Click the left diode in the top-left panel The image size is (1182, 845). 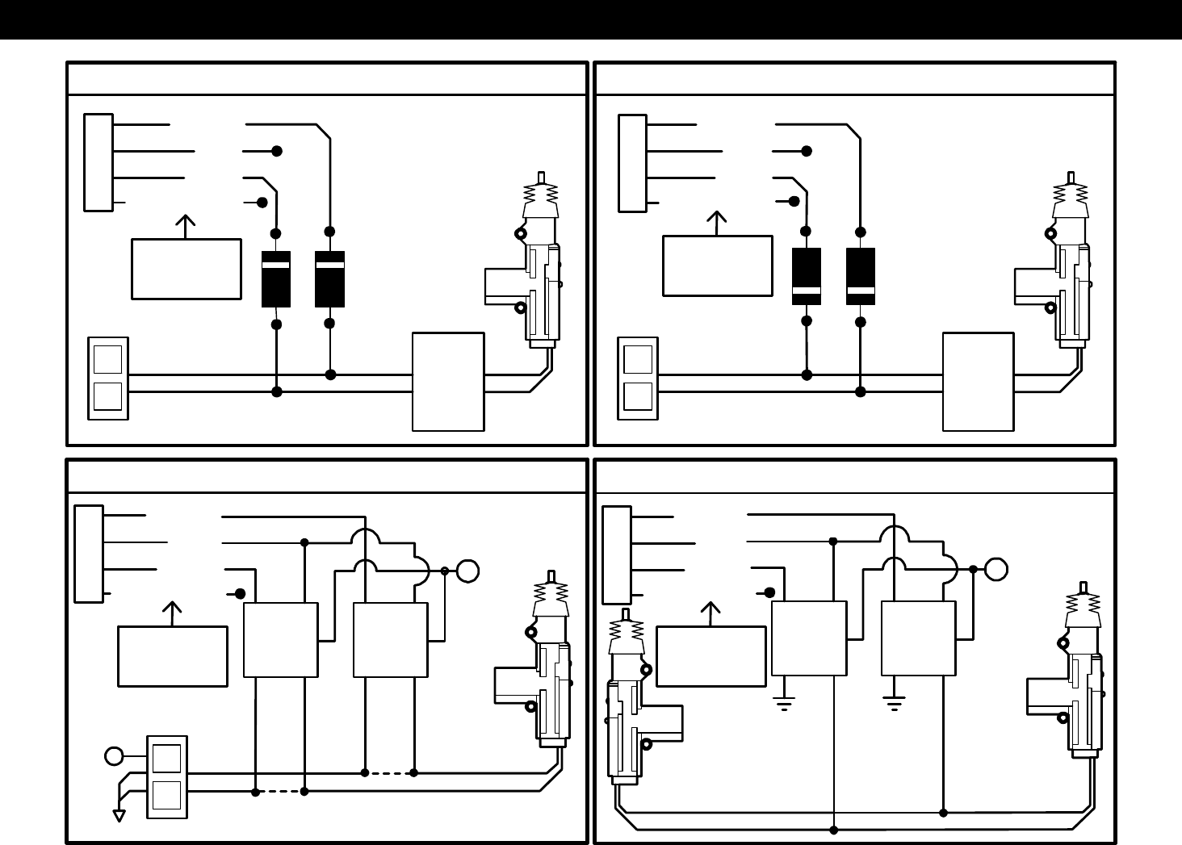(276, 278)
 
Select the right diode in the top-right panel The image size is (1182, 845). (861, 276)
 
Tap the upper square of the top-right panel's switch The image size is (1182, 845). (638, 359)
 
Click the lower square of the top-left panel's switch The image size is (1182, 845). (107, 397)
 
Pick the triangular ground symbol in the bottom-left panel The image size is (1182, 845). (119, 815)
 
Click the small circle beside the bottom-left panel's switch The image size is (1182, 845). (114, 756)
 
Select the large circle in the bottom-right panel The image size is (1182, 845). (995, 569)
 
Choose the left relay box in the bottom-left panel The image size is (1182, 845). (280, 640)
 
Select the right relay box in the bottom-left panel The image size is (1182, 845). (391, 640)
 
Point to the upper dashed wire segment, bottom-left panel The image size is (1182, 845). (389, 772)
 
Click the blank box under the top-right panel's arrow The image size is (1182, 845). (717, 266)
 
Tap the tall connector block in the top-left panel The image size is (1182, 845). (98, 162)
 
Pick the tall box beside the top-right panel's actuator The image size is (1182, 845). (978, 382)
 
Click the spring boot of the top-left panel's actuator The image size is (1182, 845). (541, 194)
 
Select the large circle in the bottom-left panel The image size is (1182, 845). (467, 571)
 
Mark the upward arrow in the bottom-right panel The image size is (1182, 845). (710, 613)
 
